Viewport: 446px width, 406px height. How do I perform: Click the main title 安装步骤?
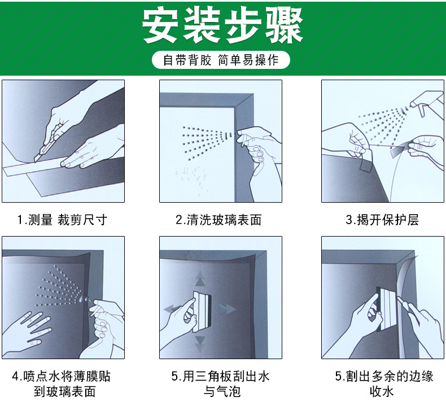(x=222, y=25)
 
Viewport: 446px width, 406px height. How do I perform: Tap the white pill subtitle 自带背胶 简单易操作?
(x=221, y=60)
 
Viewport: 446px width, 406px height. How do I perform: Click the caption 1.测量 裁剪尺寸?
(x=62, y=220)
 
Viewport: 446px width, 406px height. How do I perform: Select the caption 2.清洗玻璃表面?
(x=218, y=220)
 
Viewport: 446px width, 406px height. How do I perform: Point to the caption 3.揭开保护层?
(x=382, y=220)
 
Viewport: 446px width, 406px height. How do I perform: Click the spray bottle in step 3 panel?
(x=427, y=102)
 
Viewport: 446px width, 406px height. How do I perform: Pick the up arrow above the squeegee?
(x=200, y=278)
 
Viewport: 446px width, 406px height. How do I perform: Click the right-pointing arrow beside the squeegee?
(x=227, y=309)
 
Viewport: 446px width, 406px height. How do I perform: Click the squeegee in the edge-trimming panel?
(x=386, y=308)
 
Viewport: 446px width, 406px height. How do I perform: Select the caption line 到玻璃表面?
(x=64, y=391)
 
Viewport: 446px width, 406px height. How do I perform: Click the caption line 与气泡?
(x=222, y=391)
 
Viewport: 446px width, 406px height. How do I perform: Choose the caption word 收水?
(x=382, y=391)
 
